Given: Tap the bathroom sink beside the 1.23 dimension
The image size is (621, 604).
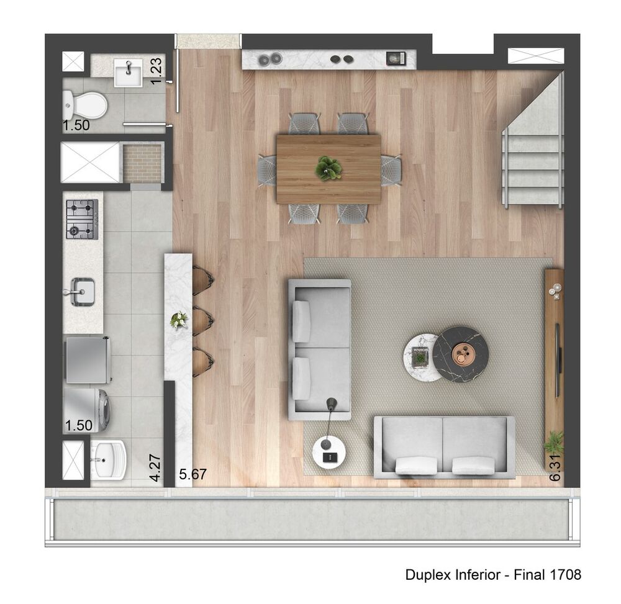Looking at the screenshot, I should pyautogui.click(x=129, y=73).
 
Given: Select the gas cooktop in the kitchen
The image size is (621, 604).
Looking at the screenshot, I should pyautogui.click(x=82, y=219).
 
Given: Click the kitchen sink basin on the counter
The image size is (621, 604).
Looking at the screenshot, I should pyautogui.click(x=82, y=291).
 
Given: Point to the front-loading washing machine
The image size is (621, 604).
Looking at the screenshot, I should pyautogui.click(x=88, y=409).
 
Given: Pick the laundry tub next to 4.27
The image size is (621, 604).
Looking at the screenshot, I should pyautogui.click(x=108, y=460).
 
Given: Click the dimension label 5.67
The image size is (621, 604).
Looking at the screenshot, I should pyautogui.click(x=193, y=475).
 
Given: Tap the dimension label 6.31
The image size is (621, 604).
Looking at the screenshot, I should pyautogui.click(x=555, y=466).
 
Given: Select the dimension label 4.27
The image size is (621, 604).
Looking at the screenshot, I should pyautogui.click(x=155, y=469).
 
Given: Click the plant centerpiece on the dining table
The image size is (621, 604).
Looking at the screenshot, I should pyautogui.click(x=328, y=168).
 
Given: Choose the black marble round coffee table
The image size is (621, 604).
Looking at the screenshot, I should pyautogui.click(x=461, y=354).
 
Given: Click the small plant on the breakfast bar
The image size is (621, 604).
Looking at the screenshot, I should pyautogui.click(x=179, y=320).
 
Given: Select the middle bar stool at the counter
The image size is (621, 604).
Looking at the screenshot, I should pyautogui.click(x=202, y=321).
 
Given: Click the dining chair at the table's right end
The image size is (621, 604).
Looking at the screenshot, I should pyautogui.click(x=391, y=169).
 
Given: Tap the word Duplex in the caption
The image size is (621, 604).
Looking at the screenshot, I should pyautogui.click(x=426, y=575).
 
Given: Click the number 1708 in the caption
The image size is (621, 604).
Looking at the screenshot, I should pyautogui.click(x=565, y=575).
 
